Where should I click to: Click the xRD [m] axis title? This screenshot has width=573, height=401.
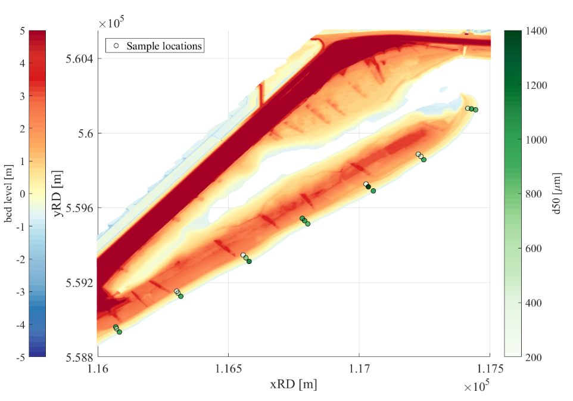[293, 384]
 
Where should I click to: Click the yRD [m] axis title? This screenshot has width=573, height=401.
[58, 193]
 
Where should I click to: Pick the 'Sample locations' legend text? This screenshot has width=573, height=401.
[164, 45]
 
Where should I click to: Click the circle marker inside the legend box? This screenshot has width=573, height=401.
[117, 45]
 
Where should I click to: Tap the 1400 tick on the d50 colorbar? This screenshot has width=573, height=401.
[538, 30]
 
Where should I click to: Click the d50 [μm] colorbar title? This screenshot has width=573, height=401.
[556, 193]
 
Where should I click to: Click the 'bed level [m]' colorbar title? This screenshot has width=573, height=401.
[9, 193]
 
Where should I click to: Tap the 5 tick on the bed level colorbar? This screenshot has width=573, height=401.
[21, 30]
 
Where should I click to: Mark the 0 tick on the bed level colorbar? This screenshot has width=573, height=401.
[21, 194]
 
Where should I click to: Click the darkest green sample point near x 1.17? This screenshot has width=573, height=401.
[368, 186]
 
